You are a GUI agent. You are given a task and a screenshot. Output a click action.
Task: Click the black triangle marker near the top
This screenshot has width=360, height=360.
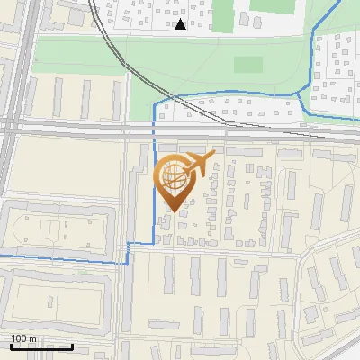(181, 24)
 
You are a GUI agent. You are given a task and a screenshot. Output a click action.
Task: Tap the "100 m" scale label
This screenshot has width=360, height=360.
(24, 338)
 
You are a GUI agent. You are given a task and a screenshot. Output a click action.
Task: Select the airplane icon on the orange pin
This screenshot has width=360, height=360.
(197, 165)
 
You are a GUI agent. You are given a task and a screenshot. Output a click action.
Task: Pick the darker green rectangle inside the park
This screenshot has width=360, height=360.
(247, 65)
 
